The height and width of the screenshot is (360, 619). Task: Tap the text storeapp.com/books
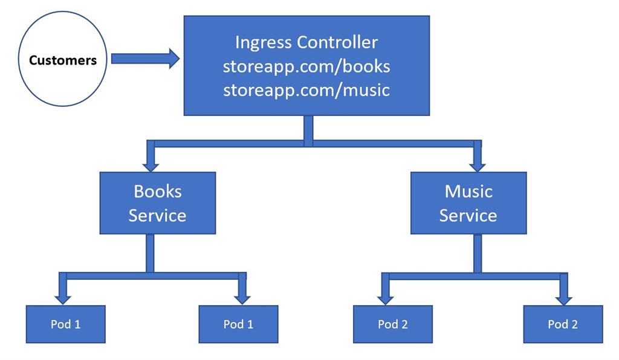306,66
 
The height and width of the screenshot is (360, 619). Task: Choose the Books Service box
157,203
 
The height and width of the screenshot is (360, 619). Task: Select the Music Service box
468,203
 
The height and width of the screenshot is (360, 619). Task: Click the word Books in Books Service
157,191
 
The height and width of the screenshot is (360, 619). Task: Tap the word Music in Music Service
468,191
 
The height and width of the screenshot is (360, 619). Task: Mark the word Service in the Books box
157,215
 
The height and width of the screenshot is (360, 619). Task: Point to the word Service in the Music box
468,215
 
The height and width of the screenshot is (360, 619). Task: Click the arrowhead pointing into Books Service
150,164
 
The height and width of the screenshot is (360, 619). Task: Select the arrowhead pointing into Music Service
478,164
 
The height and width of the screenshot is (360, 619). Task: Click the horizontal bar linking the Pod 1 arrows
151,275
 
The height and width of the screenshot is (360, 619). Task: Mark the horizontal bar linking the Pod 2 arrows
475,276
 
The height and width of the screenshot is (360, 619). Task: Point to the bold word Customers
63,60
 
